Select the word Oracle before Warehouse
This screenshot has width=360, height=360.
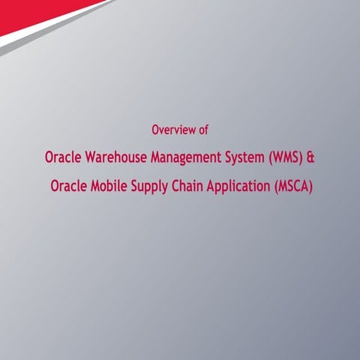click(62, 159)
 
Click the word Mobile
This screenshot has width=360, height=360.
click(109, 185)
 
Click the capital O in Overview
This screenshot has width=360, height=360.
click(155, 130)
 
